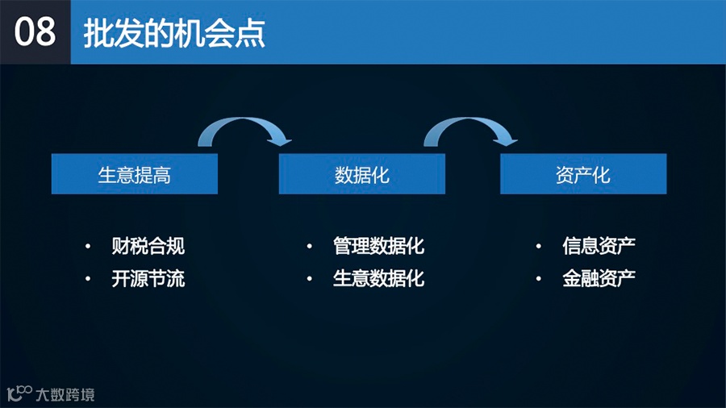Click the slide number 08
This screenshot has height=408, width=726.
pyautogui.click(x=35, y=31)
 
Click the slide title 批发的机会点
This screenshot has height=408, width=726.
pyautogui.click(x=174, y=33)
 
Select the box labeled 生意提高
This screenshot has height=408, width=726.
pyautogui.click(x=135, y=174)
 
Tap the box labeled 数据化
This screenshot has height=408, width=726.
pyautogui.click(x=362, y=174)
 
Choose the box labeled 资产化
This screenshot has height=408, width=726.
pyautogui.click(x=583, y=174)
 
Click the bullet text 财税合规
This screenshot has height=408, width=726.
pyautogui.click(x=148, y=246)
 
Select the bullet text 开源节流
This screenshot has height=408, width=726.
pyautogui.click(x=148, y=279)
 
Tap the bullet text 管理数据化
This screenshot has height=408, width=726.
pyautogui.click(x=378, y=246)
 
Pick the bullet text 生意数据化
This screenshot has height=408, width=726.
pyautogui.click(x=378, y=279)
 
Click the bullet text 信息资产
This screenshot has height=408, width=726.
pyautogui.click(x=599, y=246)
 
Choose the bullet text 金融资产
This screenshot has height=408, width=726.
pyautogui.click(x=599, y=279)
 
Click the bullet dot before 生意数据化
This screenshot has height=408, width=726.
pyautogui.click(x=309, y=280)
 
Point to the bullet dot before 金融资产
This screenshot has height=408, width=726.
pyautogui.click(x=538, y=280)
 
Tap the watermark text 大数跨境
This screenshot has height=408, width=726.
pyautogui.click(x=65, y=394)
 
